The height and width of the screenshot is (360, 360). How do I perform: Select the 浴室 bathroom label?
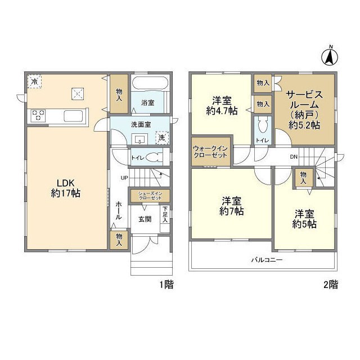148,103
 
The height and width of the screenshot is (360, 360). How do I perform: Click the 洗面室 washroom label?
141,124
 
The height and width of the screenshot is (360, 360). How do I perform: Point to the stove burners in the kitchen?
38,115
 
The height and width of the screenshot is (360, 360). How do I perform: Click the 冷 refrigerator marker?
35,82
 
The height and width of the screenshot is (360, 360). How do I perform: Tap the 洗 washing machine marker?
161,137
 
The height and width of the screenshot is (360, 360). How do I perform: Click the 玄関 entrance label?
145,219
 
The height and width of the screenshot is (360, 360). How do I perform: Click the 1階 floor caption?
165,285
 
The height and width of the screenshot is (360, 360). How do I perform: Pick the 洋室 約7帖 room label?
231,206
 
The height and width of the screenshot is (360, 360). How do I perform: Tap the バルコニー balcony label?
266,260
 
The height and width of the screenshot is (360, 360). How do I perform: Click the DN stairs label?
294,157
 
